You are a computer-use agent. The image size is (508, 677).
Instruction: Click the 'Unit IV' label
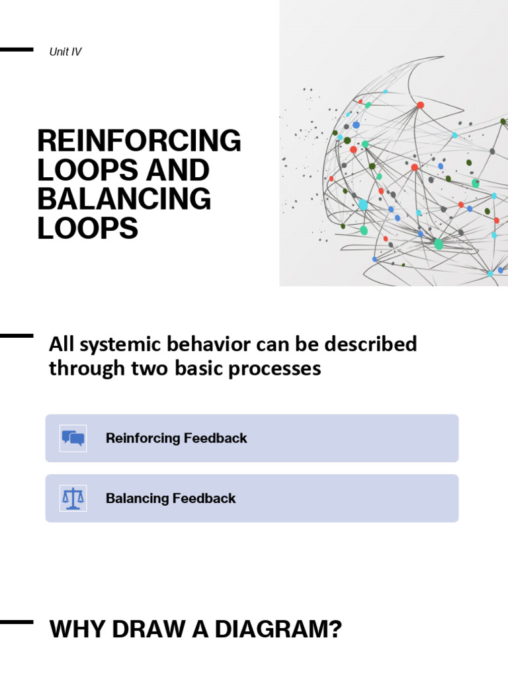tap(65, 52)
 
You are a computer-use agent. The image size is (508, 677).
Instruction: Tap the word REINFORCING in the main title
tap(139, 141)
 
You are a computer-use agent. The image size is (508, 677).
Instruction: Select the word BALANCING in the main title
tap(124, 199)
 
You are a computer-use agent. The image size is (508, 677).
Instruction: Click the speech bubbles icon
tap(73, 438)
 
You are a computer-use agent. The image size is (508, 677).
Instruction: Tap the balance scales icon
tap(73, 498)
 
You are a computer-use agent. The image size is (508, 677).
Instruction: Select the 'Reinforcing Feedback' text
tap(176, 438)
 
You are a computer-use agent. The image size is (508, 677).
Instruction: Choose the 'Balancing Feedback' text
tap(171, 498)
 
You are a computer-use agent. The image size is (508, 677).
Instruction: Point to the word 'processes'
tap(280, 368)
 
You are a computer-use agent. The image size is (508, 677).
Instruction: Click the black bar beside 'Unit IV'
tap(16, 50)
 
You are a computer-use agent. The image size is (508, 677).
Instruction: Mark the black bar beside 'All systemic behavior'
tap(16, 336)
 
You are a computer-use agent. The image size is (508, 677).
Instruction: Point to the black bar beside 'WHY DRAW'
tap(16, 621)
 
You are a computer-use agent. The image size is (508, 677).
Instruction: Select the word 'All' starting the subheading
tap(60, 344)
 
